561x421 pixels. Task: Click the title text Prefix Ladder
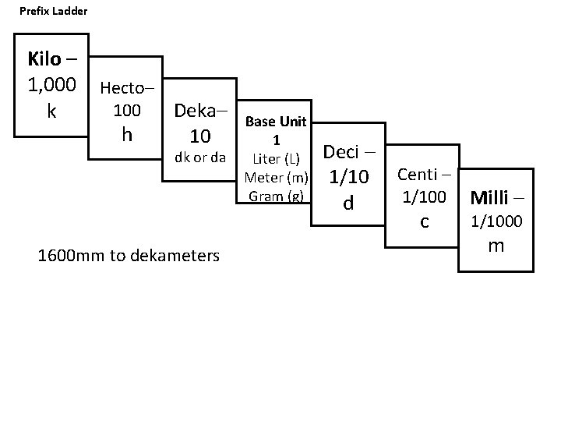coord(54,12)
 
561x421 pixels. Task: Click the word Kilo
coord(44,58)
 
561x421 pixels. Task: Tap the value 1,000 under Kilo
coord(51,84)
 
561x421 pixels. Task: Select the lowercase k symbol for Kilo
coord(51,111)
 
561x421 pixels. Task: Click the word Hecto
coord(124,88)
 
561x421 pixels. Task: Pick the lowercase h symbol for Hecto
coord(128,134)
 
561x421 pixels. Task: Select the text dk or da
coord(200,157)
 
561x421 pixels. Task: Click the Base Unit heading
coord(276,122)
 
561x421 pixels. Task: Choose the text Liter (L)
coord(276,159)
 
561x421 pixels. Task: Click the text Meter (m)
coord(276,178)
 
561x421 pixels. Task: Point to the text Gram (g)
coord(276,196)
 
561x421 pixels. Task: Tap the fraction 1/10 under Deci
coord(348,179)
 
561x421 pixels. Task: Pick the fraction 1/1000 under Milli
coord(496,222)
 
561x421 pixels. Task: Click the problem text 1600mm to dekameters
coord(129,255)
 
